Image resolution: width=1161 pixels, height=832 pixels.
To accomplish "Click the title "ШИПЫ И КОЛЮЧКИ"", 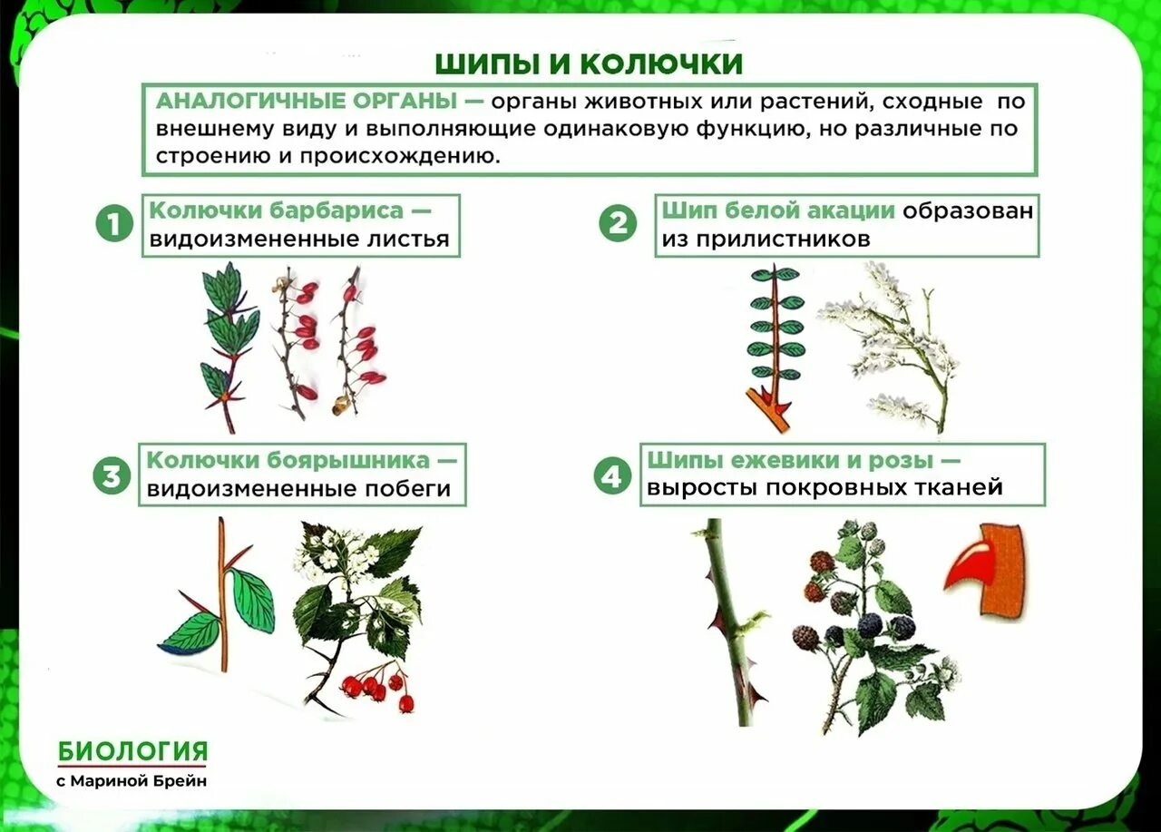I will coord(589,64).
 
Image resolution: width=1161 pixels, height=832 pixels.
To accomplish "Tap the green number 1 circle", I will coord(113,223).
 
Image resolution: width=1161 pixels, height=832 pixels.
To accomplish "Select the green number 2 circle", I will coord(618,223).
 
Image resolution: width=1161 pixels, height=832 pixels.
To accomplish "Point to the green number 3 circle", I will coord(111,475).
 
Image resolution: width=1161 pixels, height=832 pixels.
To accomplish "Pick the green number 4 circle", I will coord(612,475).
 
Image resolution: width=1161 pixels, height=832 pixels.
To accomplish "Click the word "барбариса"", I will coord(337,211).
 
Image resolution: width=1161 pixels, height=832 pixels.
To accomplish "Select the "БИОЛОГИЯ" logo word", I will coord(133,751).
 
